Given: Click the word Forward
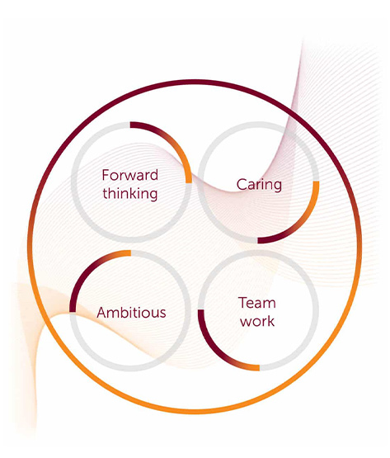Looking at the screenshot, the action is pyautogui.click(x=130, y=175).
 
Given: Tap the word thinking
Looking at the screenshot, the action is pyautogui.click(x=130, y=193).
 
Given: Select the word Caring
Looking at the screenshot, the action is pyautogui.click(x=259, y=185).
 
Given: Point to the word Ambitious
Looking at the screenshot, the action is pyautogui.click(x=131, y=312).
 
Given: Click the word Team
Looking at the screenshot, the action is pyautogui.click(x=257, y=303).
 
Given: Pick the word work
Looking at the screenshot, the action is pyautogui.click(x=257, y=321).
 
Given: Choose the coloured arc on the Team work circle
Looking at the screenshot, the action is pyautogui.click(x=215, y=352).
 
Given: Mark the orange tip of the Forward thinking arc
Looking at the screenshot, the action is pyautogui.click(x=189, y=182).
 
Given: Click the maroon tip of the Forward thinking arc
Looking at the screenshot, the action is pyautogui.click(x=131, y=125).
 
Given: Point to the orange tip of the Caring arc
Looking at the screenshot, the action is pyautogui.click(x=316, y=182).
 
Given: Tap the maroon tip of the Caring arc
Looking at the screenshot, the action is pyautogui.click(x=258, y=240).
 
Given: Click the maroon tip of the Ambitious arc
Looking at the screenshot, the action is pyautogui.click(x=73, y=311).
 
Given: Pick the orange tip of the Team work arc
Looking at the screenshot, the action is pyautogui.click(x=259, y=368).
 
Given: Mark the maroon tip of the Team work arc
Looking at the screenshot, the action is pyautogui.click(x=201, y=310).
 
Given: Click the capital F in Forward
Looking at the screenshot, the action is pyautogui.click(x=106, y=175).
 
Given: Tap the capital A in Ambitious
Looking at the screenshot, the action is pyautogui.click(x=102, y=312).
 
